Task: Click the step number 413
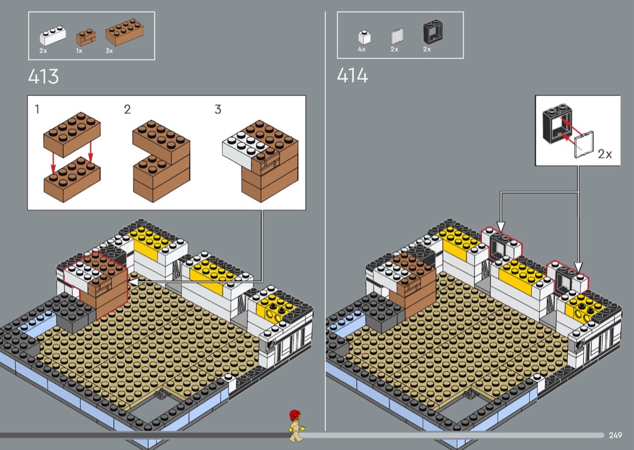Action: coord(43,77)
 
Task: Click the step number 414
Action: coord(352,75)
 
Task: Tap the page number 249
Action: coord(615,435)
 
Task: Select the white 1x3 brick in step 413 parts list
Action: coord(53,36)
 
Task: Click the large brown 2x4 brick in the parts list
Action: coord(124,32)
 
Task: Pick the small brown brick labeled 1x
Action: coord(86,37)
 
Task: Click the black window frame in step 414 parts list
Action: coord(433,32)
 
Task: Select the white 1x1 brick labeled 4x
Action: coord(364,37)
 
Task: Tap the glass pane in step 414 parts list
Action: coord(397,36)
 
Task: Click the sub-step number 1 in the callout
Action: coord(37,109)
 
